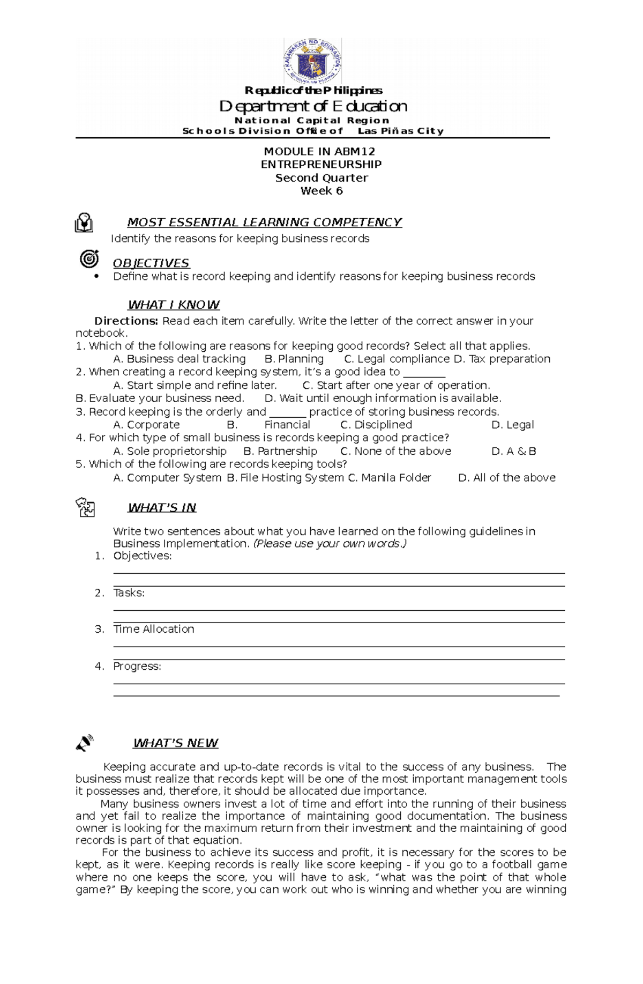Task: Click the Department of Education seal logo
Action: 312,61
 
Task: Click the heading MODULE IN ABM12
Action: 319,152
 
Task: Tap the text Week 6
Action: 321,191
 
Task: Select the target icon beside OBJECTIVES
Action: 89,259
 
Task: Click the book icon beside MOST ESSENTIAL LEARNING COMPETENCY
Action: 84,223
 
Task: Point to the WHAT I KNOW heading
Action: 174,305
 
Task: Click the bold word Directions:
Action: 126,321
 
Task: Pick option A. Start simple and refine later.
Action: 195,386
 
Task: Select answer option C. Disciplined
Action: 376,425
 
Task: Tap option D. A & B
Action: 513,452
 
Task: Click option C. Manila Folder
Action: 390,478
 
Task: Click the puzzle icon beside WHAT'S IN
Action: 85,507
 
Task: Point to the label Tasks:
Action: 129,593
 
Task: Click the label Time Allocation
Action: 154,630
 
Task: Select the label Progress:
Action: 137,667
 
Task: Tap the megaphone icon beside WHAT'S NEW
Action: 85,743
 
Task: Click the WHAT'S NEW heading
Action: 175,744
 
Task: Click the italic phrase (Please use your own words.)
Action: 330,544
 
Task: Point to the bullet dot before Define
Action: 96,277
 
